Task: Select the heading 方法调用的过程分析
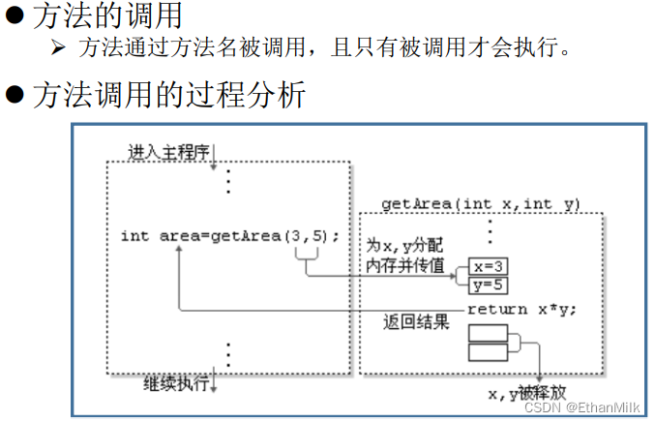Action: (169, 95)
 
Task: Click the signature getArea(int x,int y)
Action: (481, 203)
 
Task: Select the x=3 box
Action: (488, 266)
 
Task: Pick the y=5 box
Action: (488, 285)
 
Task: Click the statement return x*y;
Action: (521, 310)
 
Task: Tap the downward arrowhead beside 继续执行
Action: (214, 386)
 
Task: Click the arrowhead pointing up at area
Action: (178, 250)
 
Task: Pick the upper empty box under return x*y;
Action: (488, 334)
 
